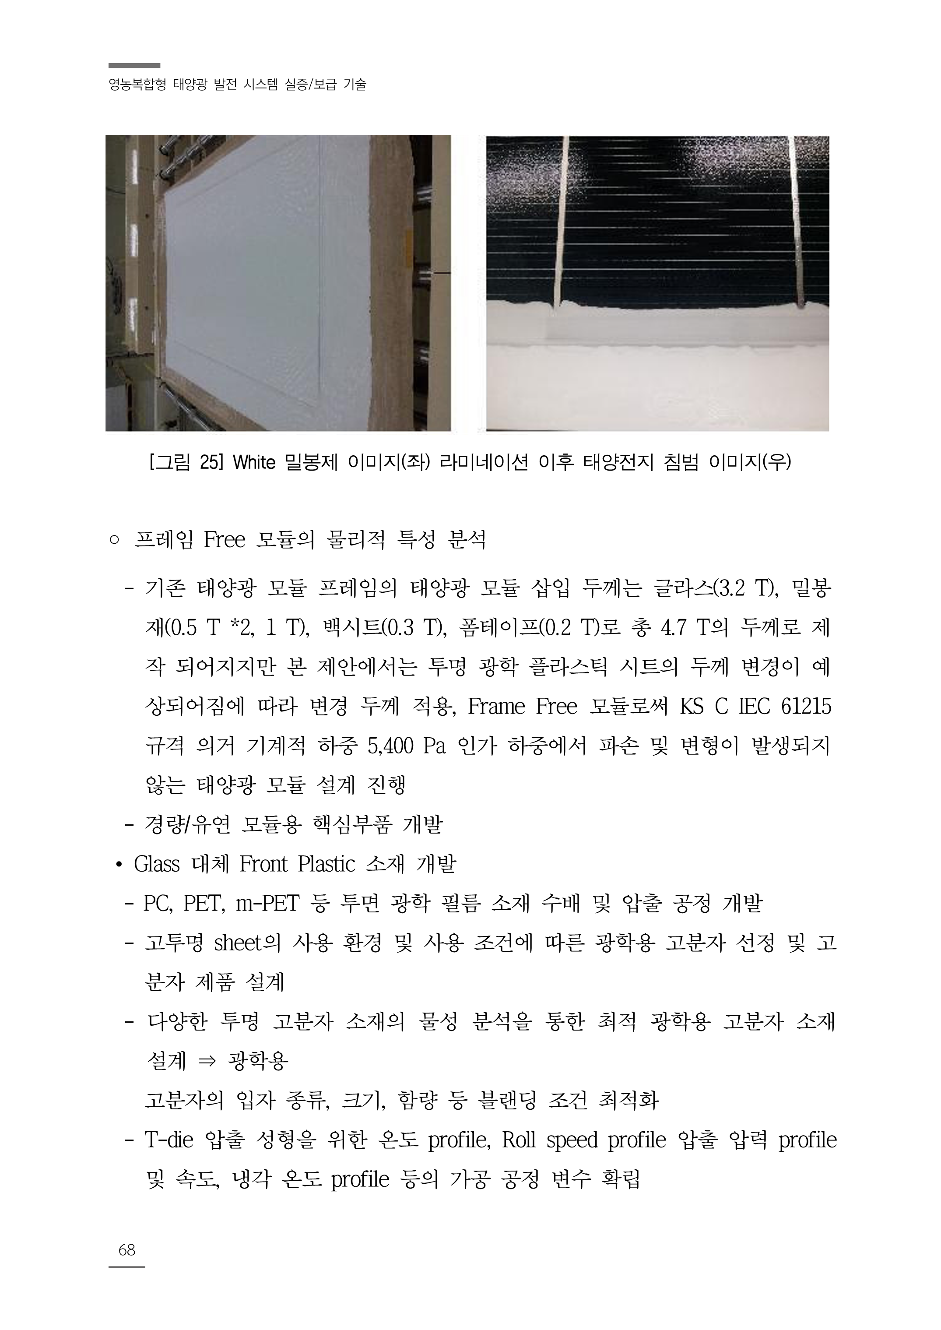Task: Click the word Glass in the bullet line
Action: point(156,864)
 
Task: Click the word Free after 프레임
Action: point(225,540)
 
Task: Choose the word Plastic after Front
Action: point(326,864)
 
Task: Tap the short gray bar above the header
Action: point(134,66)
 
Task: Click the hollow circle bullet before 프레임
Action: point(113,541)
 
